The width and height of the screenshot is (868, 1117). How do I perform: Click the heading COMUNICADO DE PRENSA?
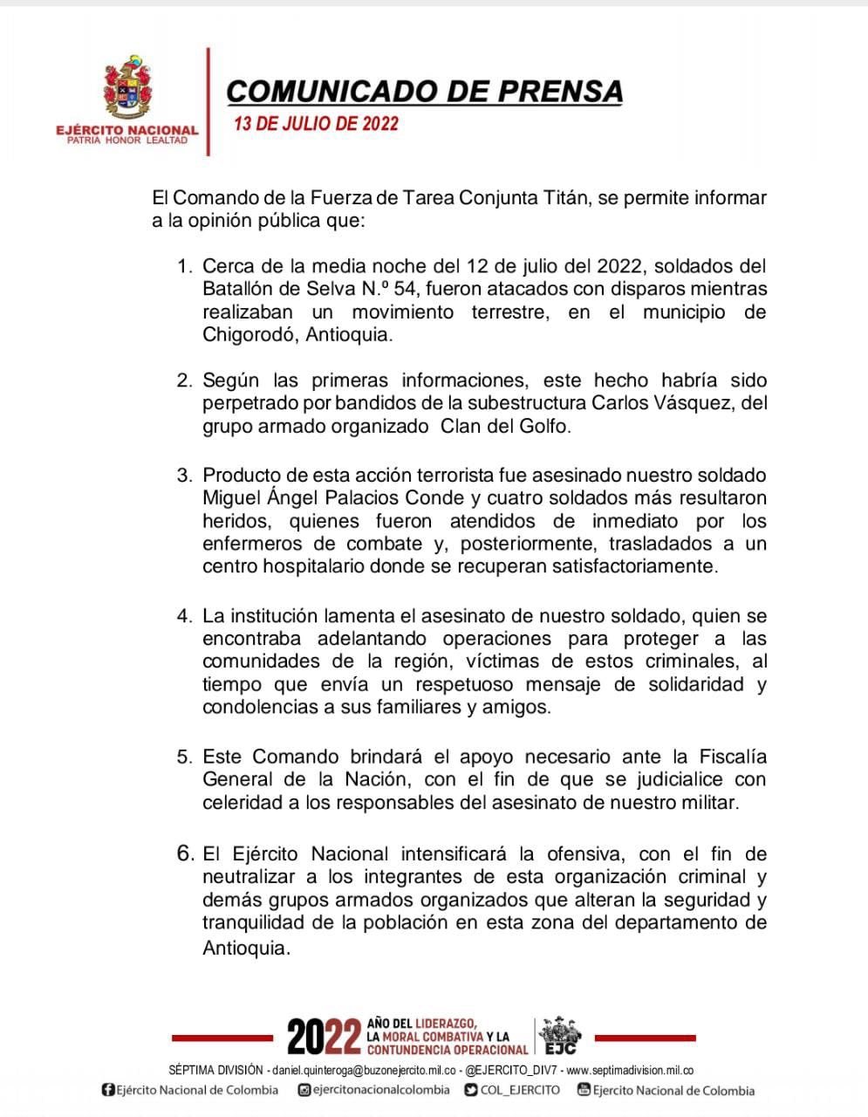[x=425, y=92]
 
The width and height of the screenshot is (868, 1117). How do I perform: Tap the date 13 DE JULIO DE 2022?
[x=316, y=123]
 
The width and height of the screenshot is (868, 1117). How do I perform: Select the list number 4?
[x=183, y=616]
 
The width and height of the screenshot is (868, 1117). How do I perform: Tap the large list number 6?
[x=185, y=853]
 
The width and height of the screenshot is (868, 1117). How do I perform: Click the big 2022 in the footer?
[x=324, y=1038]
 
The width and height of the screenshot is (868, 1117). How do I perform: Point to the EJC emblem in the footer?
[x=560, y=1036]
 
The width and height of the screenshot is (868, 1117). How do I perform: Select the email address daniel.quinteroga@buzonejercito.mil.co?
[x=364, y=1070]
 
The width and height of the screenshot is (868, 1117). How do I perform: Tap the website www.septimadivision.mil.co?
[x=630, y=1070]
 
